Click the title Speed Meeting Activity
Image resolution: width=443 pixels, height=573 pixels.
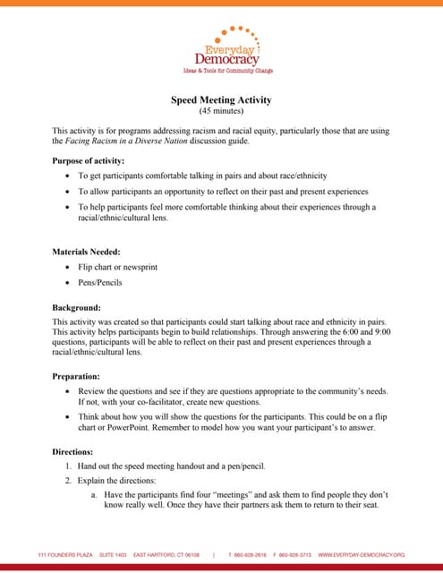click(x=221, y=99)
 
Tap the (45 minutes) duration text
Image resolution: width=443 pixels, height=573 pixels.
click(x=221, y=111)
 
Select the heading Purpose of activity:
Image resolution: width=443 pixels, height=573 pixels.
click(x=89, y=160)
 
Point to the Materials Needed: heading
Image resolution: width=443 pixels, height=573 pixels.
click(x=86, y=252)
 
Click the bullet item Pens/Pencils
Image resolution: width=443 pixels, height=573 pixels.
click(x=100, y=283)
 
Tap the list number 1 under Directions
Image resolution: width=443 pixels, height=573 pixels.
click(x=68, y=466)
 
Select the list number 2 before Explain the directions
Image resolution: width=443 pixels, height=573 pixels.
click(x=68, y=481)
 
